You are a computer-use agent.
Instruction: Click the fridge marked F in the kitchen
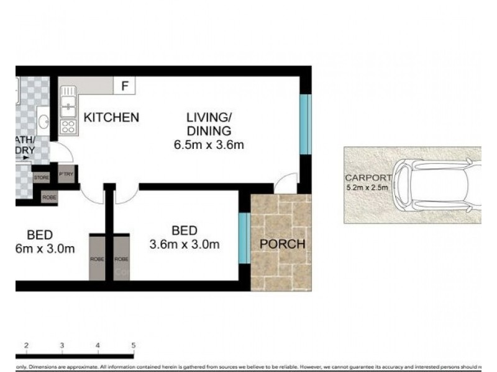tap(124, 86)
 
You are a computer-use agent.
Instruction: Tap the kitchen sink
tap(68, 102)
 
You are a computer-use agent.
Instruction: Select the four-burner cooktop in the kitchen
tap(68, 127)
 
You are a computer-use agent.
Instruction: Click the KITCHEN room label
tap(111, 117)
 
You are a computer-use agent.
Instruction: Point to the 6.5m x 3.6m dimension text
tap(208, 146)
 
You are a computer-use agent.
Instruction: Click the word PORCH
tap(283, 244)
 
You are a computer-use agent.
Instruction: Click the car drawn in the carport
tap(438, 184)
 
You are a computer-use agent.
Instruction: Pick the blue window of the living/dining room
tap(304, 124)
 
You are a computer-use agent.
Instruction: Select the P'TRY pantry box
tap(66, 174)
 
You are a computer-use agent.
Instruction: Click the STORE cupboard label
tap(41, 177)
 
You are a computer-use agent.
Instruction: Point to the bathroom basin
tap(43, 120)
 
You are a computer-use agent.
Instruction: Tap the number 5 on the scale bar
tap(134, 345)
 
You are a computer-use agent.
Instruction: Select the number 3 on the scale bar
tap(62, 345)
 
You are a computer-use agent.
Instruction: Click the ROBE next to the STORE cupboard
tap(49, 197)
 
